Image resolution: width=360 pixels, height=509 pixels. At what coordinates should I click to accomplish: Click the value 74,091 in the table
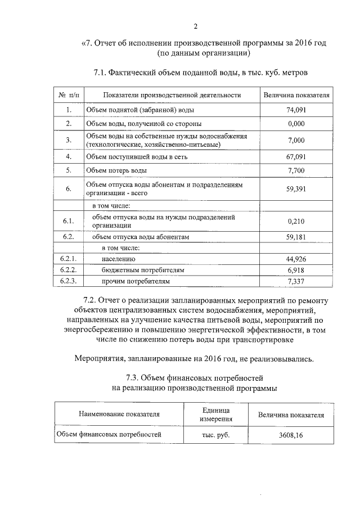tap(295, 110)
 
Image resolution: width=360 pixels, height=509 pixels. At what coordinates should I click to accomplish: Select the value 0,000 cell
tap(295, 123)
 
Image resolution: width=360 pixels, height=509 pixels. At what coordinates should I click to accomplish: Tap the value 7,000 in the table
tap(295, 140)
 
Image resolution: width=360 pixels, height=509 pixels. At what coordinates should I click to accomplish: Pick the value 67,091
tap(295, 156)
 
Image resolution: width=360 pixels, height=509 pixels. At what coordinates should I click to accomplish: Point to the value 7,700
tap(295, 170)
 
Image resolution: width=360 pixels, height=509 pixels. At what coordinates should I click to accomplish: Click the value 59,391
tap(295, 188)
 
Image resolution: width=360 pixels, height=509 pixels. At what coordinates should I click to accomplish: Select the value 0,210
tap(295, 221)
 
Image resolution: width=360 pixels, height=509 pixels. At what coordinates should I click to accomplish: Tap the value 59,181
tap(295, 237)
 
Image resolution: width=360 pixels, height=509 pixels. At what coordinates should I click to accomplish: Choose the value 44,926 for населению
tap(295, 259)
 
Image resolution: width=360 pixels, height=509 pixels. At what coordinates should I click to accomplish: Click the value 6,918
tap(295, 271)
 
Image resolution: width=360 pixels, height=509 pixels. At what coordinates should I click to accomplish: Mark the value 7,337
tap(295, 281)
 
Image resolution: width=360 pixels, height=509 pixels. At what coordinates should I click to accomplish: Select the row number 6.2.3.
tap(68, 281)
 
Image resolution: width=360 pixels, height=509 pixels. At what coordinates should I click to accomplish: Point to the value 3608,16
tap(291, 435)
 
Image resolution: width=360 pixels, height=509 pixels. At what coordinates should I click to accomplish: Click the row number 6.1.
tap(68, 221)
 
